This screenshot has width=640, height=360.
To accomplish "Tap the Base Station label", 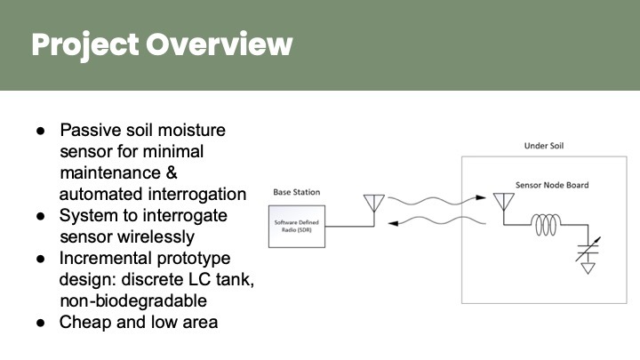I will click(296, 192).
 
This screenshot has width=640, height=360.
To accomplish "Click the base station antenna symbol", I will click(372, 204).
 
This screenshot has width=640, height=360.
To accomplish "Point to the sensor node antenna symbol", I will click(502, 204).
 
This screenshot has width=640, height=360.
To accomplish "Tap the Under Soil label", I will click(537, 146).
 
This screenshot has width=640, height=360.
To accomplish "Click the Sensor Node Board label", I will click(552, 185).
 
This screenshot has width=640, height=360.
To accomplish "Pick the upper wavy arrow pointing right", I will click(430, 202).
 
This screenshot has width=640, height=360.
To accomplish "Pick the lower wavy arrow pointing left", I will click(430, 226).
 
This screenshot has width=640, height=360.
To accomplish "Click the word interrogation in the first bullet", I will click(191, 195).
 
